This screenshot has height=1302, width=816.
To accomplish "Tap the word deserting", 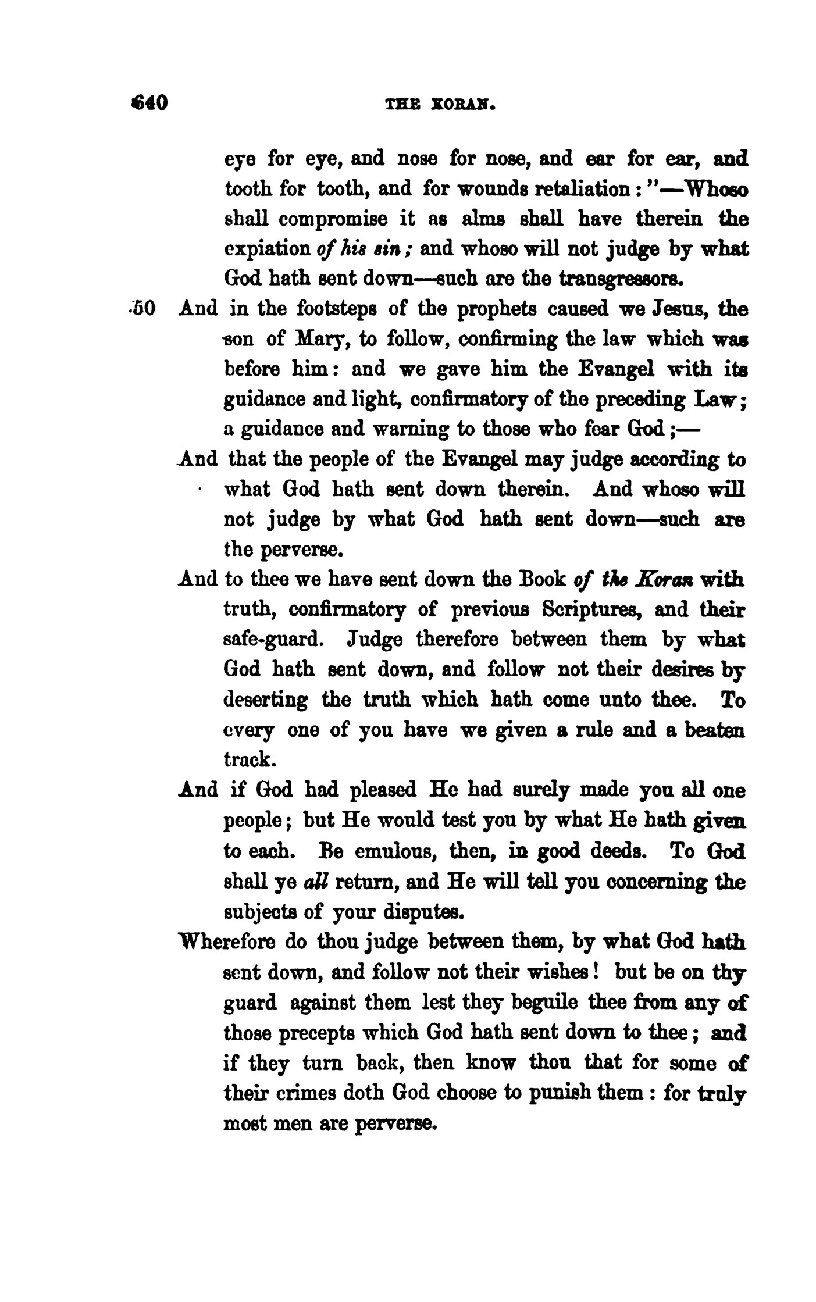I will click(266, 700).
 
